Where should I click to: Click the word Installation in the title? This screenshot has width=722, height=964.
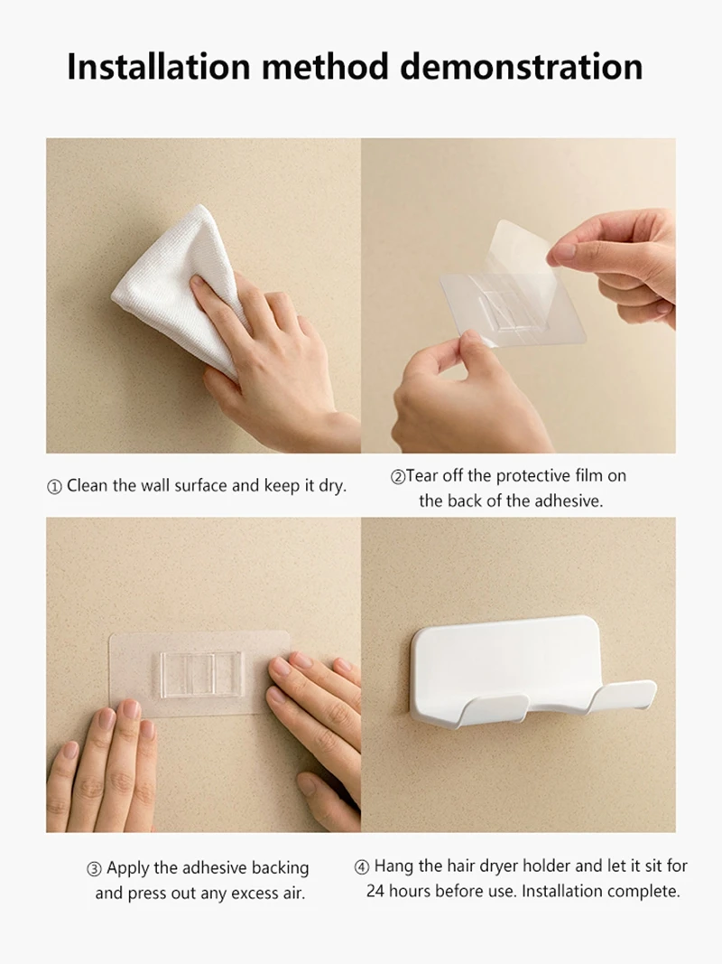coord(159,66)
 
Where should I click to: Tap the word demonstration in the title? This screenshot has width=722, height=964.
coord(522,66)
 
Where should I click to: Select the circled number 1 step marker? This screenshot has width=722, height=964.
coord(54,487)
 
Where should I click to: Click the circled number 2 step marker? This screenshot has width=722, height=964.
coord(398,477)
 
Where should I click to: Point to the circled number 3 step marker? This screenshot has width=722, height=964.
coord(94,869)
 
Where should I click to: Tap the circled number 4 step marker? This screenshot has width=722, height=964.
coord(362,867)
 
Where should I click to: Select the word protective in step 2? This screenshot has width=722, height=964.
coord(532,476)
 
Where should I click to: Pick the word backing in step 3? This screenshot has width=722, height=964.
coord(281,868)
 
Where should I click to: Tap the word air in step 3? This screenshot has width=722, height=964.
coord(293,894)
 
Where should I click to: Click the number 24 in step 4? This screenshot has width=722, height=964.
coord(375,891)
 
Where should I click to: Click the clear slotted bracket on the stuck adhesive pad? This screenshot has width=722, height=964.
coord(202,674)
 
